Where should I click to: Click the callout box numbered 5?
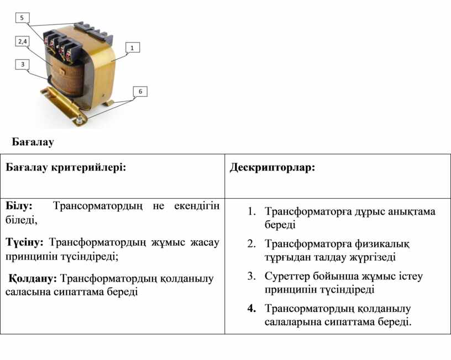(22, 18)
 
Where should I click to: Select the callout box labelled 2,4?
(23, 41)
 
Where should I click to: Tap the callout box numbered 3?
(23, 65)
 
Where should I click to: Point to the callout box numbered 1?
(133, 47)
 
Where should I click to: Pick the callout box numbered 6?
(140, 91)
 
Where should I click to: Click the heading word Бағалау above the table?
(33, 142)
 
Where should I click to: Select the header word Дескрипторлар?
(272, 167)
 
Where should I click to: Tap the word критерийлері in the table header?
(88, 167)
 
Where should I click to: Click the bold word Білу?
(19, 206)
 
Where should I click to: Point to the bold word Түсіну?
(24, 242)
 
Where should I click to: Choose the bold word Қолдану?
(33, 278)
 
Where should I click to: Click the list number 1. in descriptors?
(251, 211)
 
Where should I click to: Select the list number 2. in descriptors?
(251, 243)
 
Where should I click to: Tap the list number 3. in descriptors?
(251, 276)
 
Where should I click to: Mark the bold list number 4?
(251, 309)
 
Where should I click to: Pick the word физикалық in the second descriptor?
(381, 244)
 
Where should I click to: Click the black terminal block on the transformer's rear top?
(93, 31)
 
